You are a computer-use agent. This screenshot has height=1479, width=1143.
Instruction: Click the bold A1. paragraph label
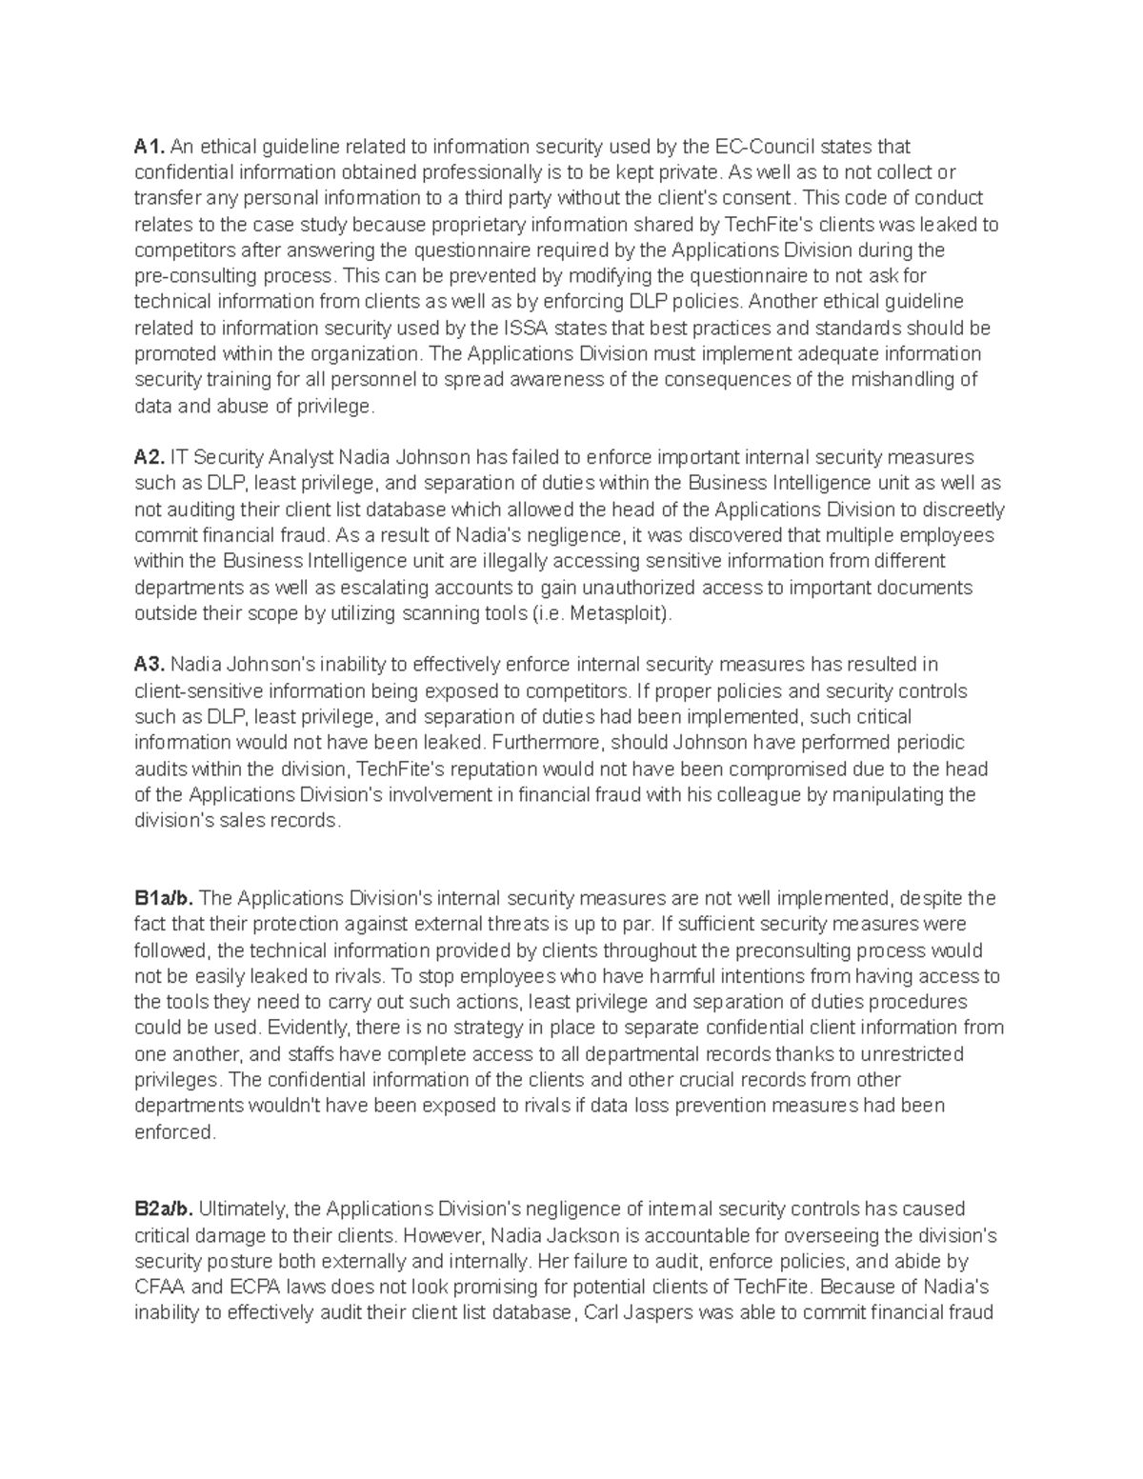150,147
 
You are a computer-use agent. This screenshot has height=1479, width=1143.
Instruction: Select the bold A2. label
150,457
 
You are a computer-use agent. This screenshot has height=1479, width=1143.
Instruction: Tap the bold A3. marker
150,665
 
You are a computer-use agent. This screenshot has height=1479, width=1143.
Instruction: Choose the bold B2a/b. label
164,1209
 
